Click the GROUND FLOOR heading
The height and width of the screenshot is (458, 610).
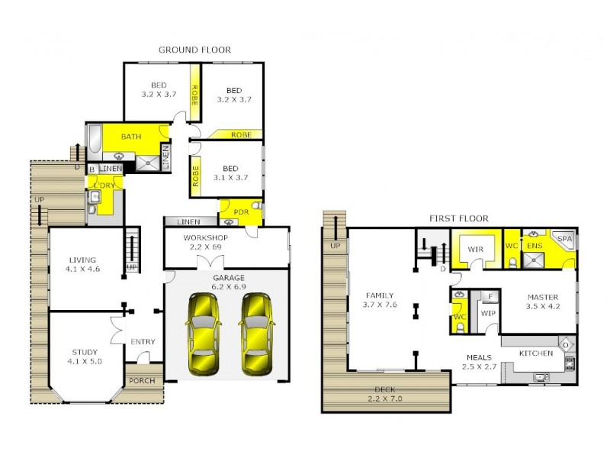click(x=194, y=50)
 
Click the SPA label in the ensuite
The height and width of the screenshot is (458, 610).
click(x=564, y=239)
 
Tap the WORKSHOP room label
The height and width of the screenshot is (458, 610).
click(x=205, y=237)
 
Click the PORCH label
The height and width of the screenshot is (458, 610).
click(x=142, y=380)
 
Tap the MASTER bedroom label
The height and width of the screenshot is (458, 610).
click(x=542, y=297)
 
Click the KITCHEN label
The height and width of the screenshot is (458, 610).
click(x=536, y=353)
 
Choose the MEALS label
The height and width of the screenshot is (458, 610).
click(x=479, y=357)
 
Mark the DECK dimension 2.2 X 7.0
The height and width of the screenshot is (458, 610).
click(x=384, y=398)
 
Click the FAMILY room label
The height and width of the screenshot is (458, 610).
click(x=380, y=295)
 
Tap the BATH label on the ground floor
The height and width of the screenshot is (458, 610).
click(x=131, y=137)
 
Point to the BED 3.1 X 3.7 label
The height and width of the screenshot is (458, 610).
click(x=231, y=169)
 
